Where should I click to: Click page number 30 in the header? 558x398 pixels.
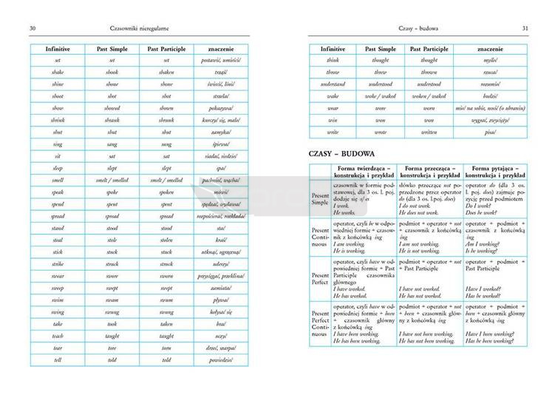click(33, 29)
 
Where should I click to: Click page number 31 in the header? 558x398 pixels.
click(524, 29)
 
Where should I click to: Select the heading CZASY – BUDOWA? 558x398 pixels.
click(344, 153)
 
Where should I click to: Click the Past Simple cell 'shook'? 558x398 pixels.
click(112, 72)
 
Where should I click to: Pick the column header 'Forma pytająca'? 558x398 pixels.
click(495, 170)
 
